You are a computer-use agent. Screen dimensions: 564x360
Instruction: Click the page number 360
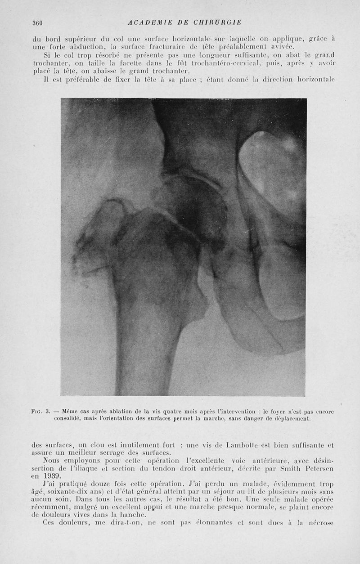[x=37, y=22]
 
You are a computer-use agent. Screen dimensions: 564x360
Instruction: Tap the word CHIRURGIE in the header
[x=218, y=22]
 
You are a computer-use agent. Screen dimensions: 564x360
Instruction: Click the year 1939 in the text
[x=53, y=476]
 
